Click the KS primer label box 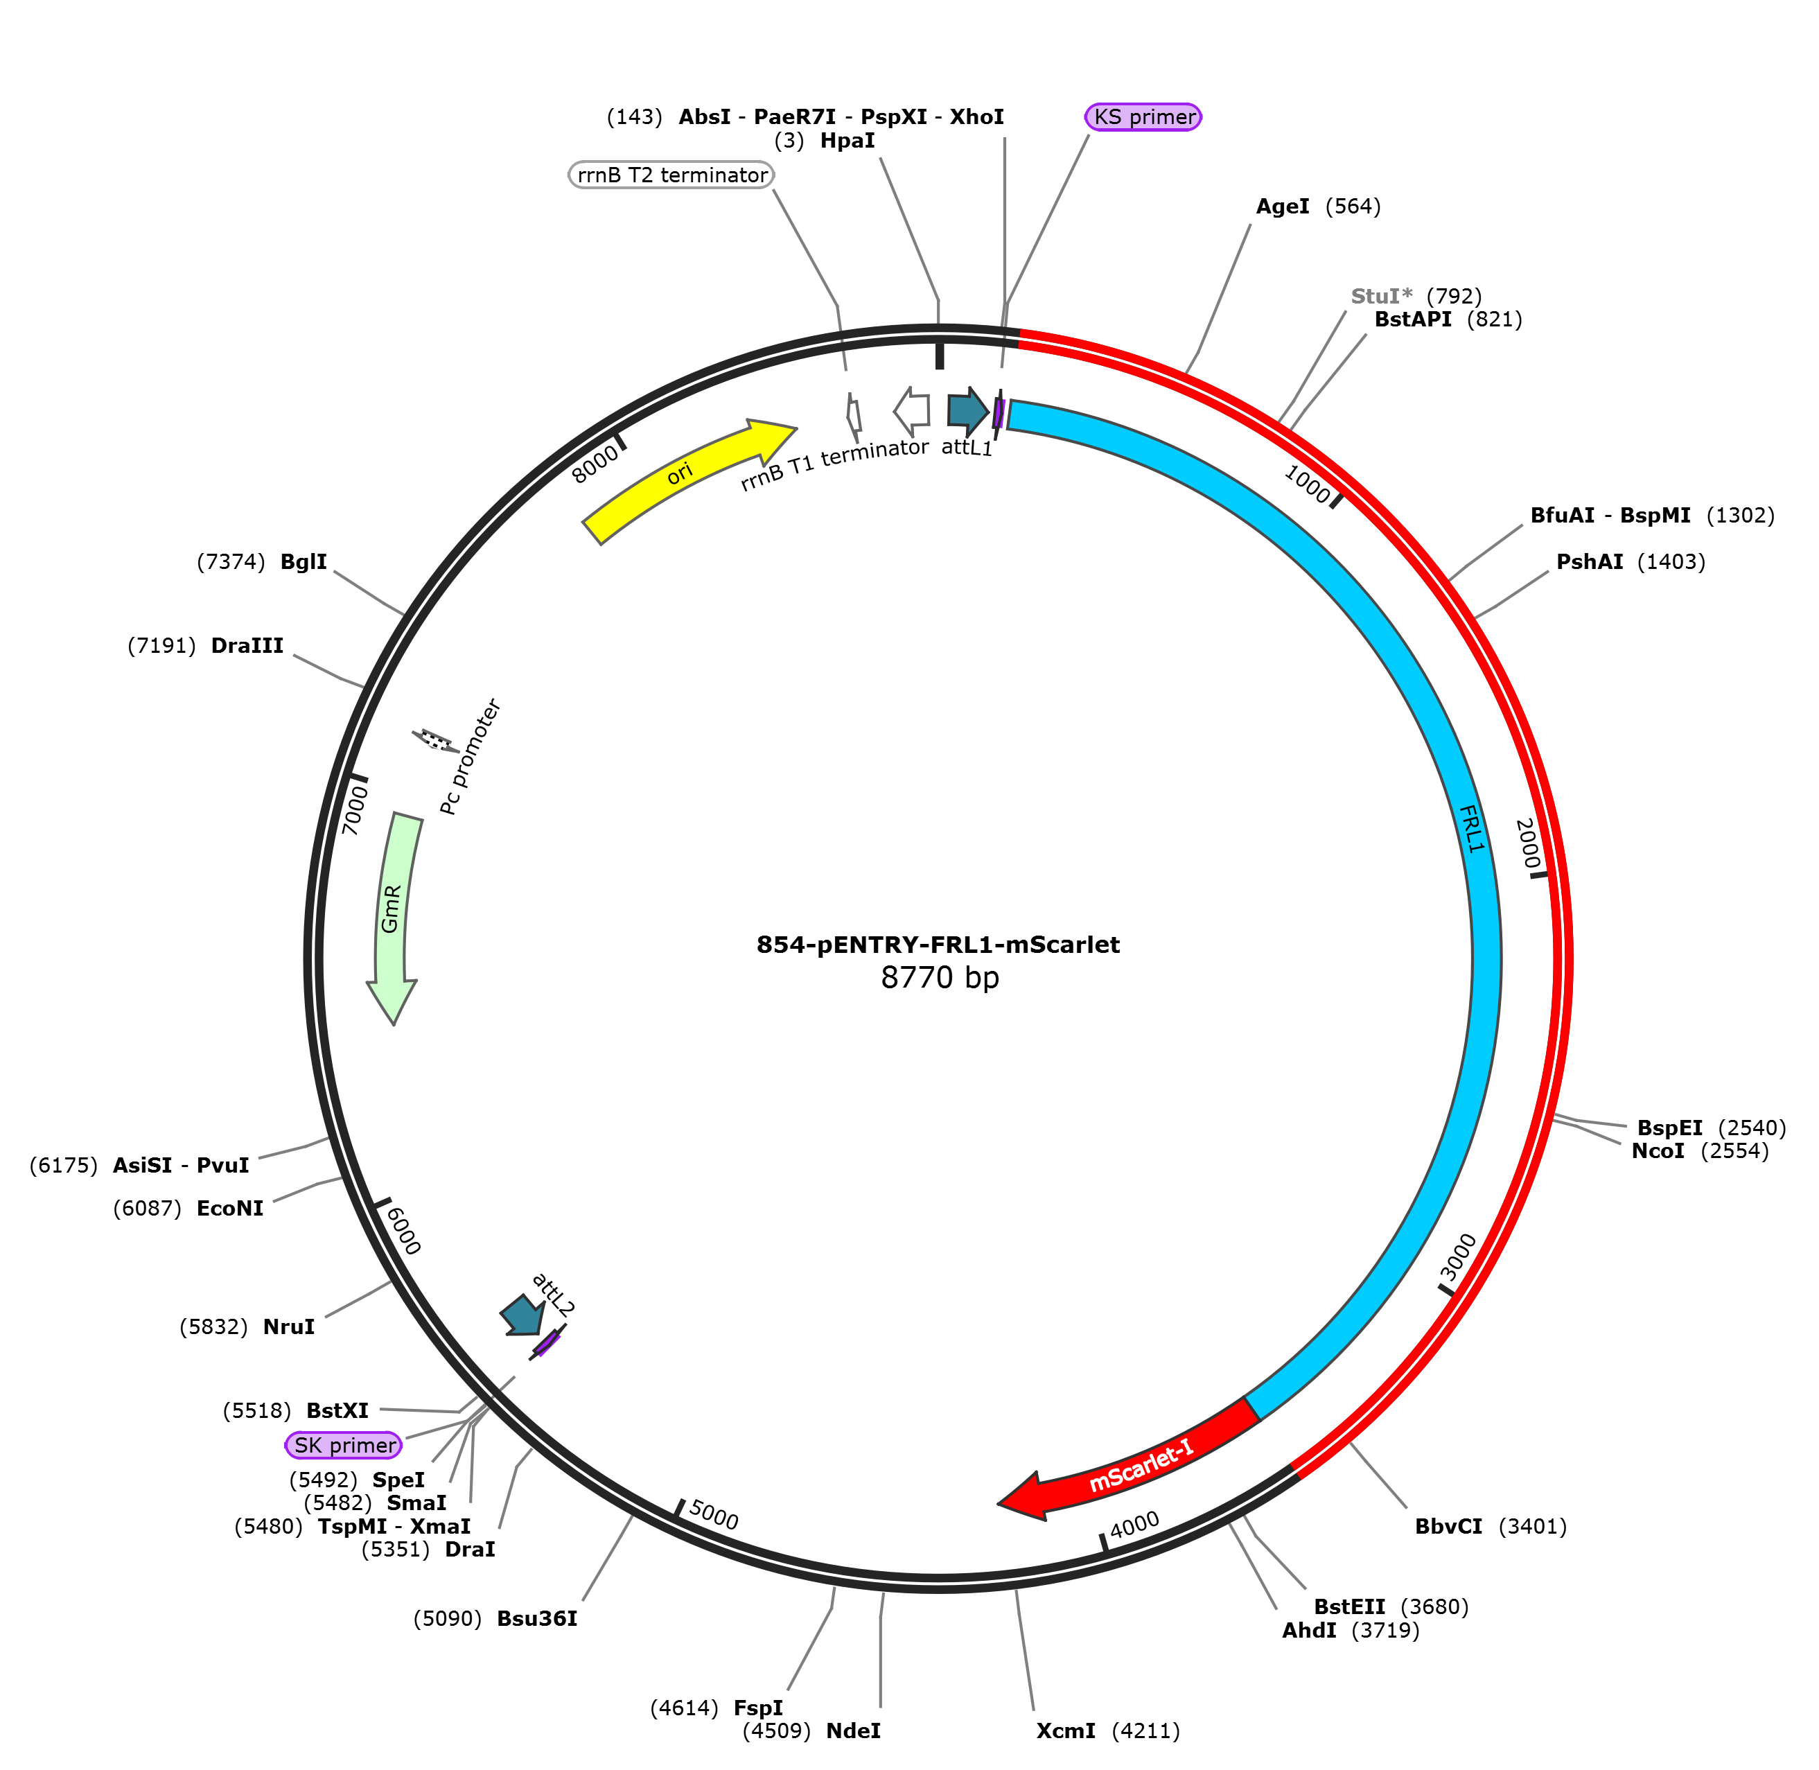click(x=1143, y=117)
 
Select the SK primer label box click(x=344, y=1446)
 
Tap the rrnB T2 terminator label click(x=671, y=175)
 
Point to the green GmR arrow click(x=392, y=911)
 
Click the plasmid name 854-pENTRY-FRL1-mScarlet click(x=938, y=945)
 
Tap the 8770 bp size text click(x=940, y=978)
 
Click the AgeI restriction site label click(x=1282, y=207)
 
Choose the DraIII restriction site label click(x=247, y=646)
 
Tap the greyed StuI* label click(x=1381, y=297)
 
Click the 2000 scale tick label click(x=1526, y=843)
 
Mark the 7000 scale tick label click(x=355, y=809)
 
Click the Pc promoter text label click(x=471, y=757)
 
